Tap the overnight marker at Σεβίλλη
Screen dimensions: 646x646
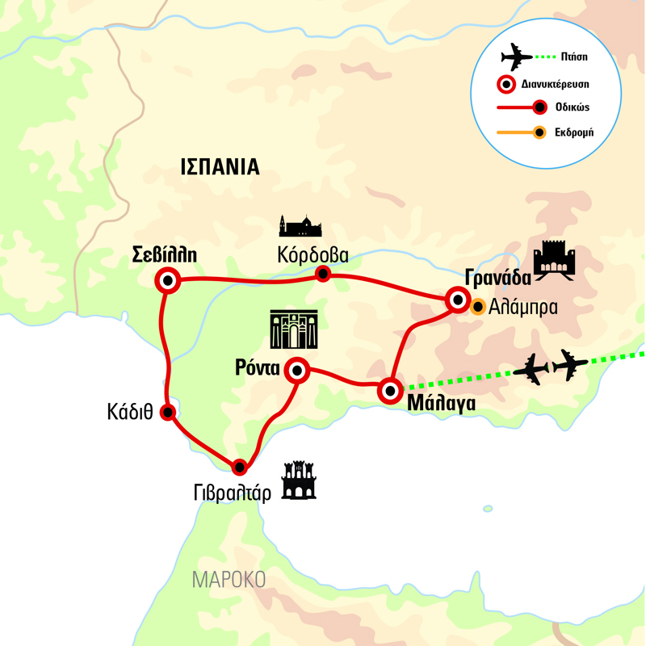(x=168, y=281)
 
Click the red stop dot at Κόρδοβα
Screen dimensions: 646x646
(x=323, y=274)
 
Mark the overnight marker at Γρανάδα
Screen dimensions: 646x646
(x=458, y=301)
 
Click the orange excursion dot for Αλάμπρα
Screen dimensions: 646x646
(x=478, y=306)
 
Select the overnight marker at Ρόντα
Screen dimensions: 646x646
(x=297, y=371)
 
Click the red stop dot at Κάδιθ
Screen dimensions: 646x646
(x=168, y=412)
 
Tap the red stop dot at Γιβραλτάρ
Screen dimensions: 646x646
(x=239, y=466)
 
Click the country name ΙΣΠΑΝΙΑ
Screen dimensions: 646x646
(x=219, y=167)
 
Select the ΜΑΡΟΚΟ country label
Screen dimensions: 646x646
(x=229, y=580)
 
